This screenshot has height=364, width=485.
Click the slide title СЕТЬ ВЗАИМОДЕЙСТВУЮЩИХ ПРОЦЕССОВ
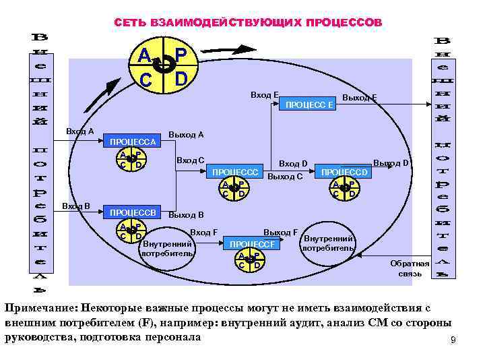pyautogui.click(x=247, y=23)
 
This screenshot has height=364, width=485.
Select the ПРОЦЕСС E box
pyautogui.click(x=310, y=104)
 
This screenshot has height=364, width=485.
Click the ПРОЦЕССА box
pyautogui.click(x=133, y=142)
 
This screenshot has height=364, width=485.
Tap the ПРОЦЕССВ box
pyautogui.click(x=133, y=213)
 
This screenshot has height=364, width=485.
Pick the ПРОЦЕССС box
pyautogui.click(x=235, y=172)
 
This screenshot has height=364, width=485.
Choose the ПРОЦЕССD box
pyautogui.click(x=344, y=172)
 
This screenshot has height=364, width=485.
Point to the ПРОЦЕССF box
pyautogui.click(x=253, y=244)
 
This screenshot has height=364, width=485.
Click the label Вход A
pyautogui.click(x=79, y=131)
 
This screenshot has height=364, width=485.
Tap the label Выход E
pyautogui.click(x=358, y=98)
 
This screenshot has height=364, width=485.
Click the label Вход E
pyautogui.click(x=265, y=95)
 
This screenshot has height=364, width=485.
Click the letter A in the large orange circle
pyautogui.click(x=144, y=55)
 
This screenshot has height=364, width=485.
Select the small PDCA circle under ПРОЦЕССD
pyautogui.click(x=344, y=189)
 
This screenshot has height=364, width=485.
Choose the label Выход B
pyautogui.click(x=186, y=215)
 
